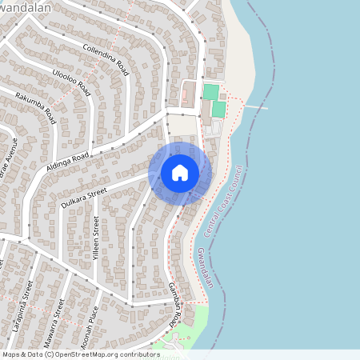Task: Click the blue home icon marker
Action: [180, 172]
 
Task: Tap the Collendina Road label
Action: [106, 61]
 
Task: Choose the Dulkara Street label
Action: [83, 194]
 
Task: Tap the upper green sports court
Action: [210, 92]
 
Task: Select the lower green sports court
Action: [218, 109]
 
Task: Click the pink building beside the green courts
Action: [184, 96]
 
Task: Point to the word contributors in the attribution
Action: [136, 354]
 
